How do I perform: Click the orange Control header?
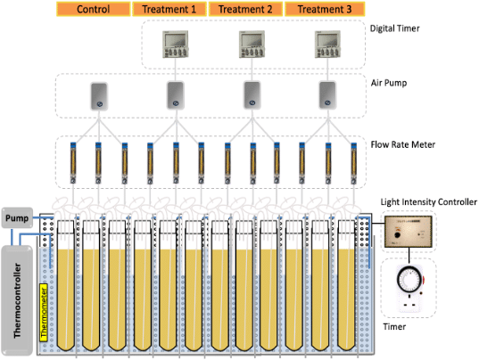click(x=93, y=9)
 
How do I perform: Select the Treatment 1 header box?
click(x=169, y=9)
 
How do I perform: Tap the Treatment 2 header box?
click(x=245, y=9)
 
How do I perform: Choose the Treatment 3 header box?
click(x=325, y=9)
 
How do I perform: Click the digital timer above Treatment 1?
click(x=176, y=45)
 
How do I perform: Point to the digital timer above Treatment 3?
click(x=327, y=45)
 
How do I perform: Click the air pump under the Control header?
click(x=99, y=96)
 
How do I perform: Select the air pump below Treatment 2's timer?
click(x=252, y=95)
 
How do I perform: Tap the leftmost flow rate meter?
click(x=73, y=163)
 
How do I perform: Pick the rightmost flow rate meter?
click(x=354, y=163)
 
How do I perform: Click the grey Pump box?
click(x=17, y=217)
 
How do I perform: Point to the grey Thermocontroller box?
click(x=17, y=300)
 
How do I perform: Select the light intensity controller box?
click(x=409, y=232)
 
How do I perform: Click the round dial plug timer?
click(x=409, y=288)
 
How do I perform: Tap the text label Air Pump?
click(x=389, y=83)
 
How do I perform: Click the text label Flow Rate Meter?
click(x=403, y=144)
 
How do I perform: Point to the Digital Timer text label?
click(x=394, y=29)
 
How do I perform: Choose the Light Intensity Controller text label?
click(x=428, y=202)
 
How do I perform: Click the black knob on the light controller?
click(x=398, y=235)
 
